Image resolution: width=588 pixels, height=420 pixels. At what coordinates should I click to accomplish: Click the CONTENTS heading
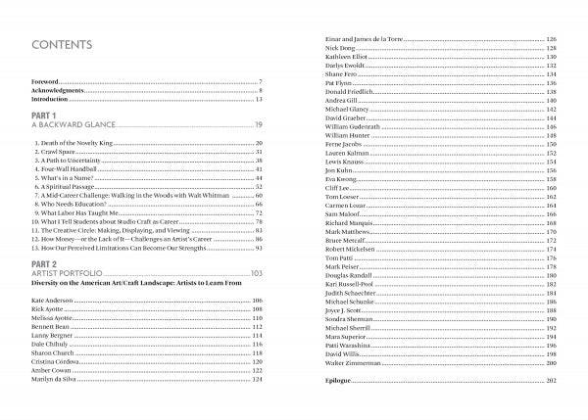click(63, 45)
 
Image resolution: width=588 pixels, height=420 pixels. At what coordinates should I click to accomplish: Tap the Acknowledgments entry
click(58, 90)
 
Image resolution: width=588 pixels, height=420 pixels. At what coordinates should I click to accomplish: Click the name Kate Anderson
click(53, 300)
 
